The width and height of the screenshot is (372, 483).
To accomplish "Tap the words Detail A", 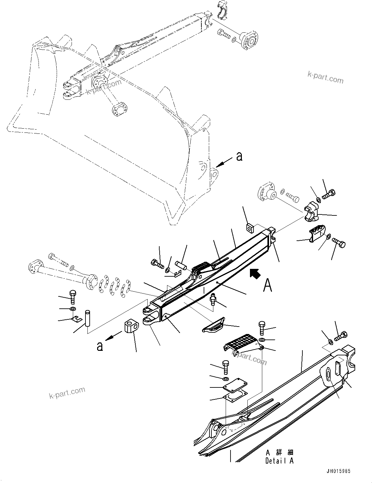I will tap(279, 461).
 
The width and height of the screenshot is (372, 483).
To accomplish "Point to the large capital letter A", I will tap(267, 285).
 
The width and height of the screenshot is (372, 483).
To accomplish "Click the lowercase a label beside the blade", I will tap(239, 157).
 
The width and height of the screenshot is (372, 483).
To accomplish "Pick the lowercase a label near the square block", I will tap(100, 346).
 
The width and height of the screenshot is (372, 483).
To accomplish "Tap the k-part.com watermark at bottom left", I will tap(67, 393).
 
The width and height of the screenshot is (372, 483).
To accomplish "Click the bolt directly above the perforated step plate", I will tap(262, 328).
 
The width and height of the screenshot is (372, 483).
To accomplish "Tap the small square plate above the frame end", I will tap(250, 228).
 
